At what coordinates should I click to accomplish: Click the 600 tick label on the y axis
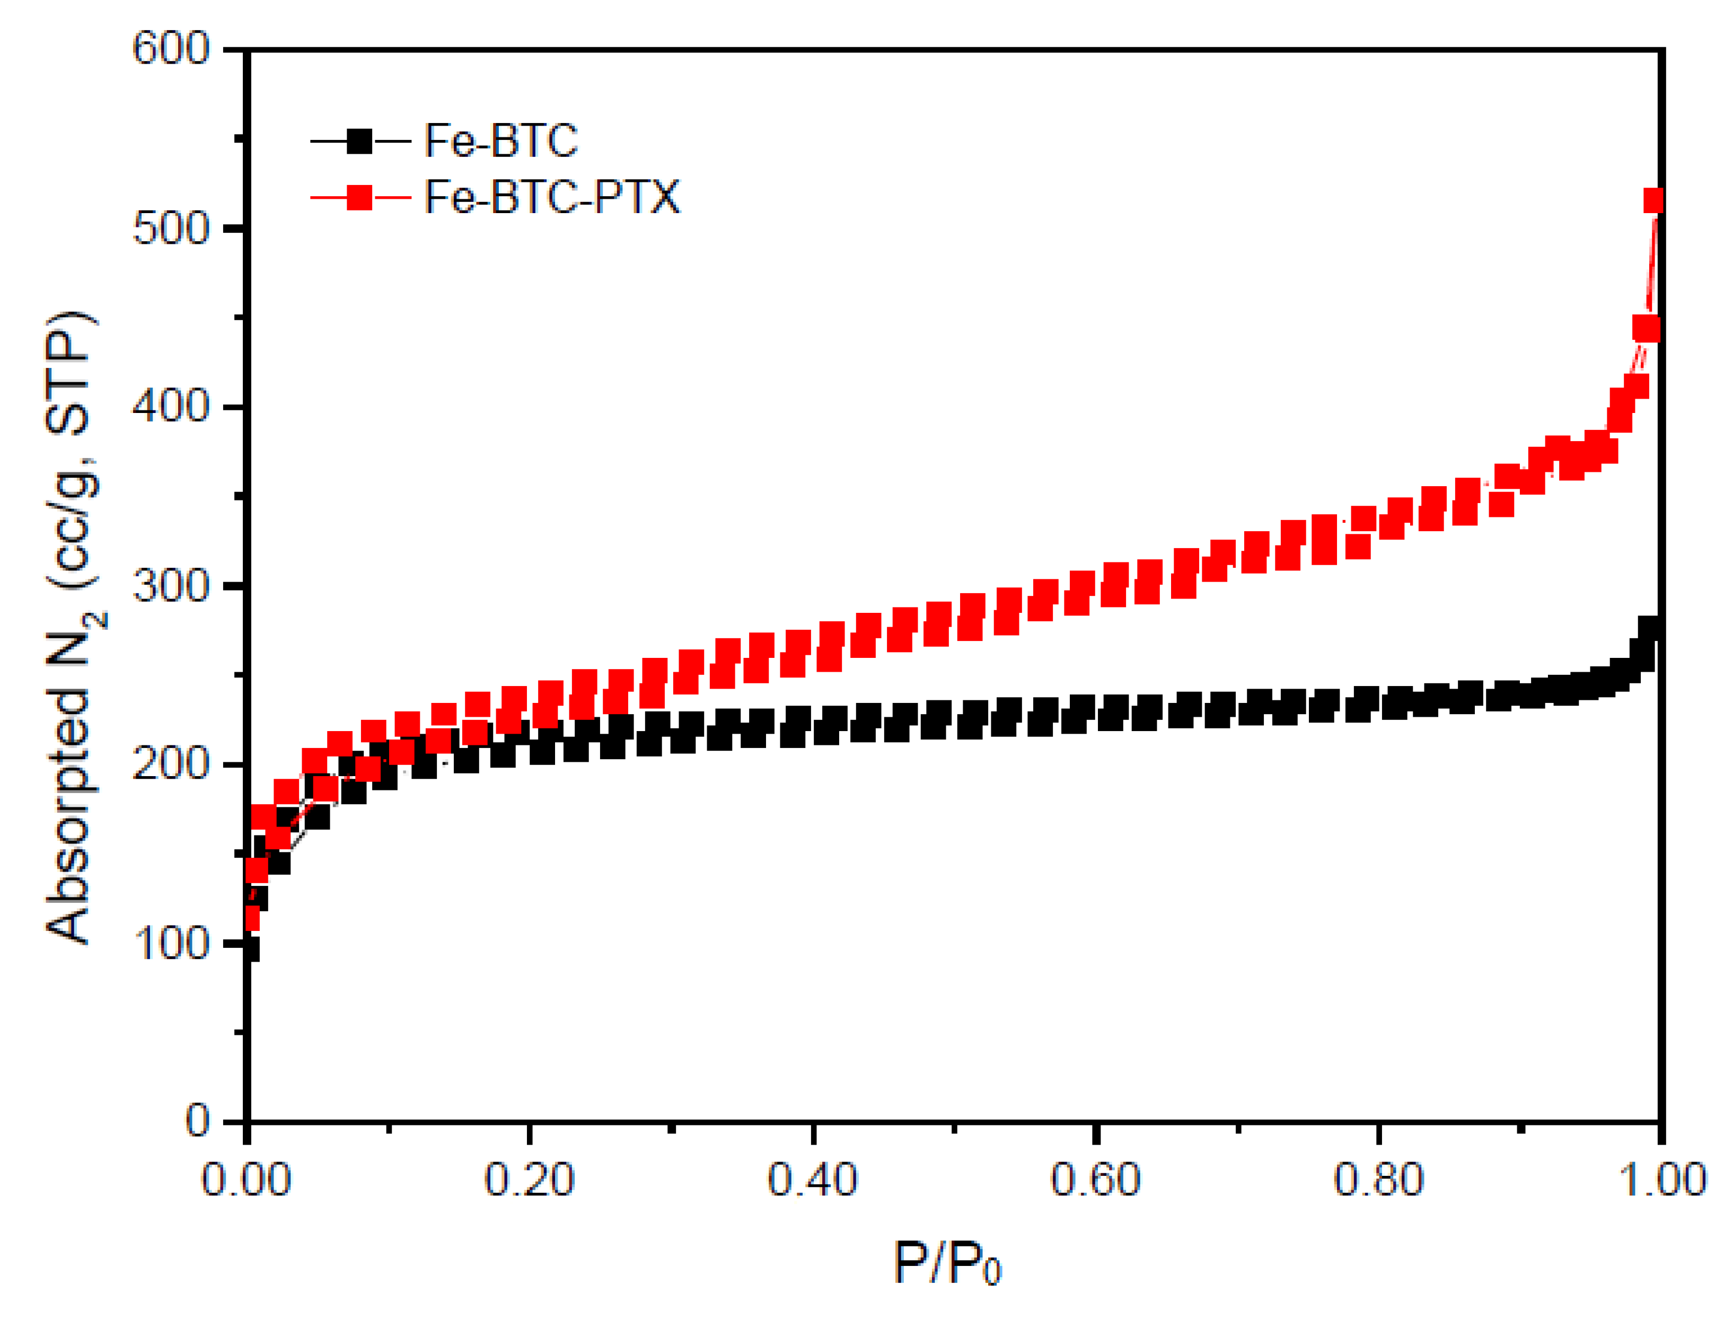point(170,49)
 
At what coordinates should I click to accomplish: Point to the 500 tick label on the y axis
point(170,228)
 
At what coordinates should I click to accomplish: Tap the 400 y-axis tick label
point(170,407)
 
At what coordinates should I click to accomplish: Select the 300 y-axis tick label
point(170,586)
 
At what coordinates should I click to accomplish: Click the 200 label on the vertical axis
point(170,764)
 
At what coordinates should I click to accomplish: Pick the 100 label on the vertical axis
point(170,944)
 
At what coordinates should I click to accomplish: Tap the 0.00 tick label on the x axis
point(246,1180)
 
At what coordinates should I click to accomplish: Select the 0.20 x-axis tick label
point(529,1180)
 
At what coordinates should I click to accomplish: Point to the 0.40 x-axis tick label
point(812,1180)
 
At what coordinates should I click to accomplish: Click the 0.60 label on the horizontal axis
point(1095,1180)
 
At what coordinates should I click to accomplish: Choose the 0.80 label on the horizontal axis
point(1378,1180)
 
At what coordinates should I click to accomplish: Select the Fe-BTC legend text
point(501,140)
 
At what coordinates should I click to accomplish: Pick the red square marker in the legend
point(359,198)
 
